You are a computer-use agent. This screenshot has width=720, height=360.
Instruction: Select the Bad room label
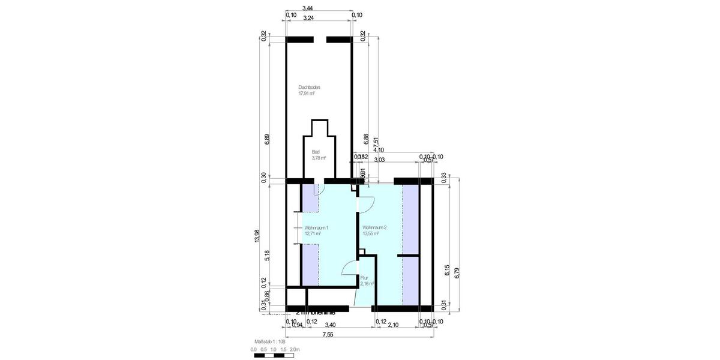(x=316, y=152)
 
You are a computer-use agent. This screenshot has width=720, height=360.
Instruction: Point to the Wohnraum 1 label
(x=316, y=228)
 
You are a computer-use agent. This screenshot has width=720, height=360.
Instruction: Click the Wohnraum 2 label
(x=374, y=228)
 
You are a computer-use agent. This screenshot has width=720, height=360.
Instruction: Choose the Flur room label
(x=364, y=278)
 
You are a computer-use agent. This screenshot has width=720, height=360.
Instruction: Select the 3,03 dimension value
(x=379, y=160)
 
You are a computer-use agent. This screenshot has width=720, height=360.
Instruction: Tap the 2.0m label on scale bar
(x=295, y=349)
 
